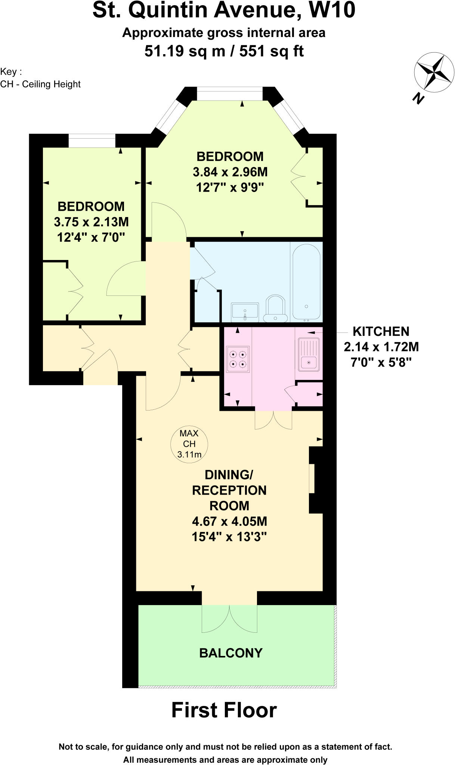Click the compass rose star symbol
click(434, 72)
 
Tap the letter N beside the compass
click(418, 98)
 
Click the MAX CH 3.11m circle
click(189, 444)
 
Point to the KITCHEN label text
click(381, 331)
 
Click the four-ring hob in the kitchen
click(238, 359)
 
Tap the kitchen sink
click(309, 354)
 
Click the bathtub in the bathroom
click(306, 282)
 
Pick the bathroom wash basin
click(245, 312)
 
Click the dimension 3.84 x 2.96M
click(230, 172)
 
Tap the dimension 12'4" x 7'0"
click(91, 237)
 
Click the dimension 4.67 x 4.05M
click(229, 521)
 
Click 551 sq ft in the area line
click(271, 51)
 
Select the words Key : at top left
click(11, 72)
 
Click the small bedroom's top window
click(92, 142)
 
